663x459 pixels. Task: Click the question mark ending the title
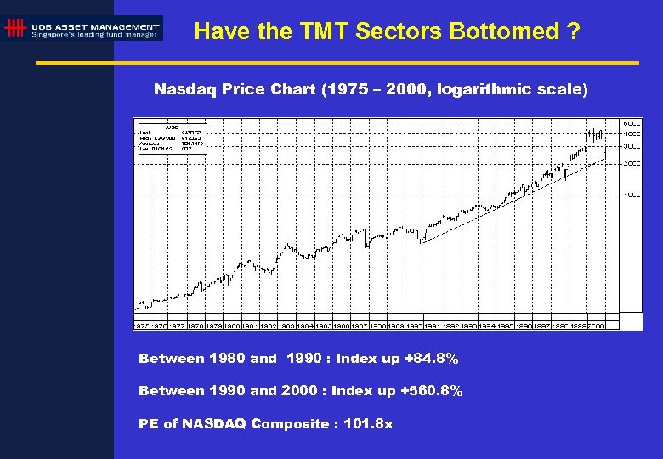pyautogui.click(x=574, y=31)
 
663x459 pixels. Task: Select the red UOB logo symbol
pyautogui.click(x=14, y=29)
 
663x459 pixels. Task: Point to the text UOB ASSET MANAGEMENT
pyautogui.click(x=94, y=27)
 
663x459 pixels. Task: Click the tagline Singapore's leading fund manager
pyautogui.click(x=94, y=35)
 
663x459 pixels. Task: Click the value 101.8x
pyautogui.click(x=366, y=423)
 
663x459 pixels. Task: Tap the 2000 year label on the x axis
pyautogui.click(x=595, y=326)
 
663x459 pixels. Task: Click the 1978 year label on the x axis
pyautogui.click(x=195, y=326)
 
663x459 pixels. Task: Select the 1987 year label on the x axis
pyautogui.click(x=359, y=326)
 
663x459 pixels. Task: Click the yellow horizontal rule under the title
pyautogui.click(x=337, y=63)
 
